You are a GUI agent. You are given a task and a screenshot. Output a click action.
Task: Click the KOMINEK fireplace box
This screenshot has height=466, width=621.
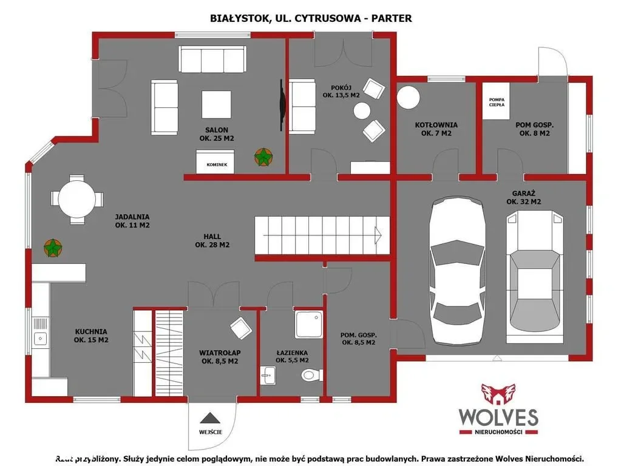215,161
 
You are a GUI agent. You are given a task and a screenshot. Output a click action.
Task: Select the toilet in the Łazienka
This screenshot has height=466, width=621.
312,374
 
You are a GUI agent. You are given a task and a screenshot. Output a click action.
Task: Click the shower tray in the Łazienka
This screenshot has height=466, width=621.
308,324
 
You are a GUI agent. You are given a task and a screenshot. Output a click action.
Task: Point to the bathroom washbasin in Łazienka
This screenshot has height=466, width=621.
268,376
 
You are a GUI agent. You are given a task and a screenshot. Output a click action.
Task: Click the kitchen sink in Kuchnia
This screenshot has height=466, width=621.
40,331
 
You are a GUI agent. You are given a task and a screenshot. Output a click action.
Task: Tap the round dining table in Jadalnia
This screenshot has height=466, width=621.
77,199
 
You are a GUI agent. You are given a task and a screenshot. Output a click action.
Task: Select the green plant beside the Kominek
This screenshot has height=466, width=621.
263,157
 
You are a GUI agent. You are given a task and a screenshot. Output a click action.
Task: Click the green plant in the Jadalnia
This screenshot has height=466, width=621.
53,248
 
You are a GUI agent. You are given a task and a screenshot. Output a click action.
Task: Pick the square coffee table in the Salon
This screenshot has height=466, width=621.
216,104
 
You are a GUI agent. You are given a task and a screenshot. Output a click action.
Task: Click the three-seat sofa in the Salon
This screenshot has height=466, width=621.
212,59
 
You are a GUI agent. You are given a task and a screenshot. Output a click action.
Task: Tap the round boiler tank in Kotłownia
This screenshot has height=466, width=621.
408,98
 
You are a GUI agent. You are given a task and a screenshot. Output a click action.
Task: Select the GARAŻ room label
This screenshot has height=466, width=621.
524,198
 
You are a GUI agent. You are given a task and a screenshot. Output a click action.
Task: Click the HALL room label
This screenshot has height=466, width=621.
212,241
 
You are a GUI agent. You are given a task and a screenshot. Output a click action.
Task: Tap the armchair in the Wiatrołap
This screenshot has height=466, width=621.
241,328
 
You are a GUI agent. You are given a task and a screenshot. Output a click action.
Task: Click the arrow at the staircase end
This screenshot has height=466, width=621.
378,235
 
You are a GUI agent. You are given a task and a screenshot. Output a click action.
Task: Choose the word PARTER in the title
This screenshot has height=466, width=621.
391,18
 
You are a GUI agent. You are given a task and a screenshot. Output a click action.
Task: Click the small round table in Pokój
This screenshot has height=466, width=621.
362,111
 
